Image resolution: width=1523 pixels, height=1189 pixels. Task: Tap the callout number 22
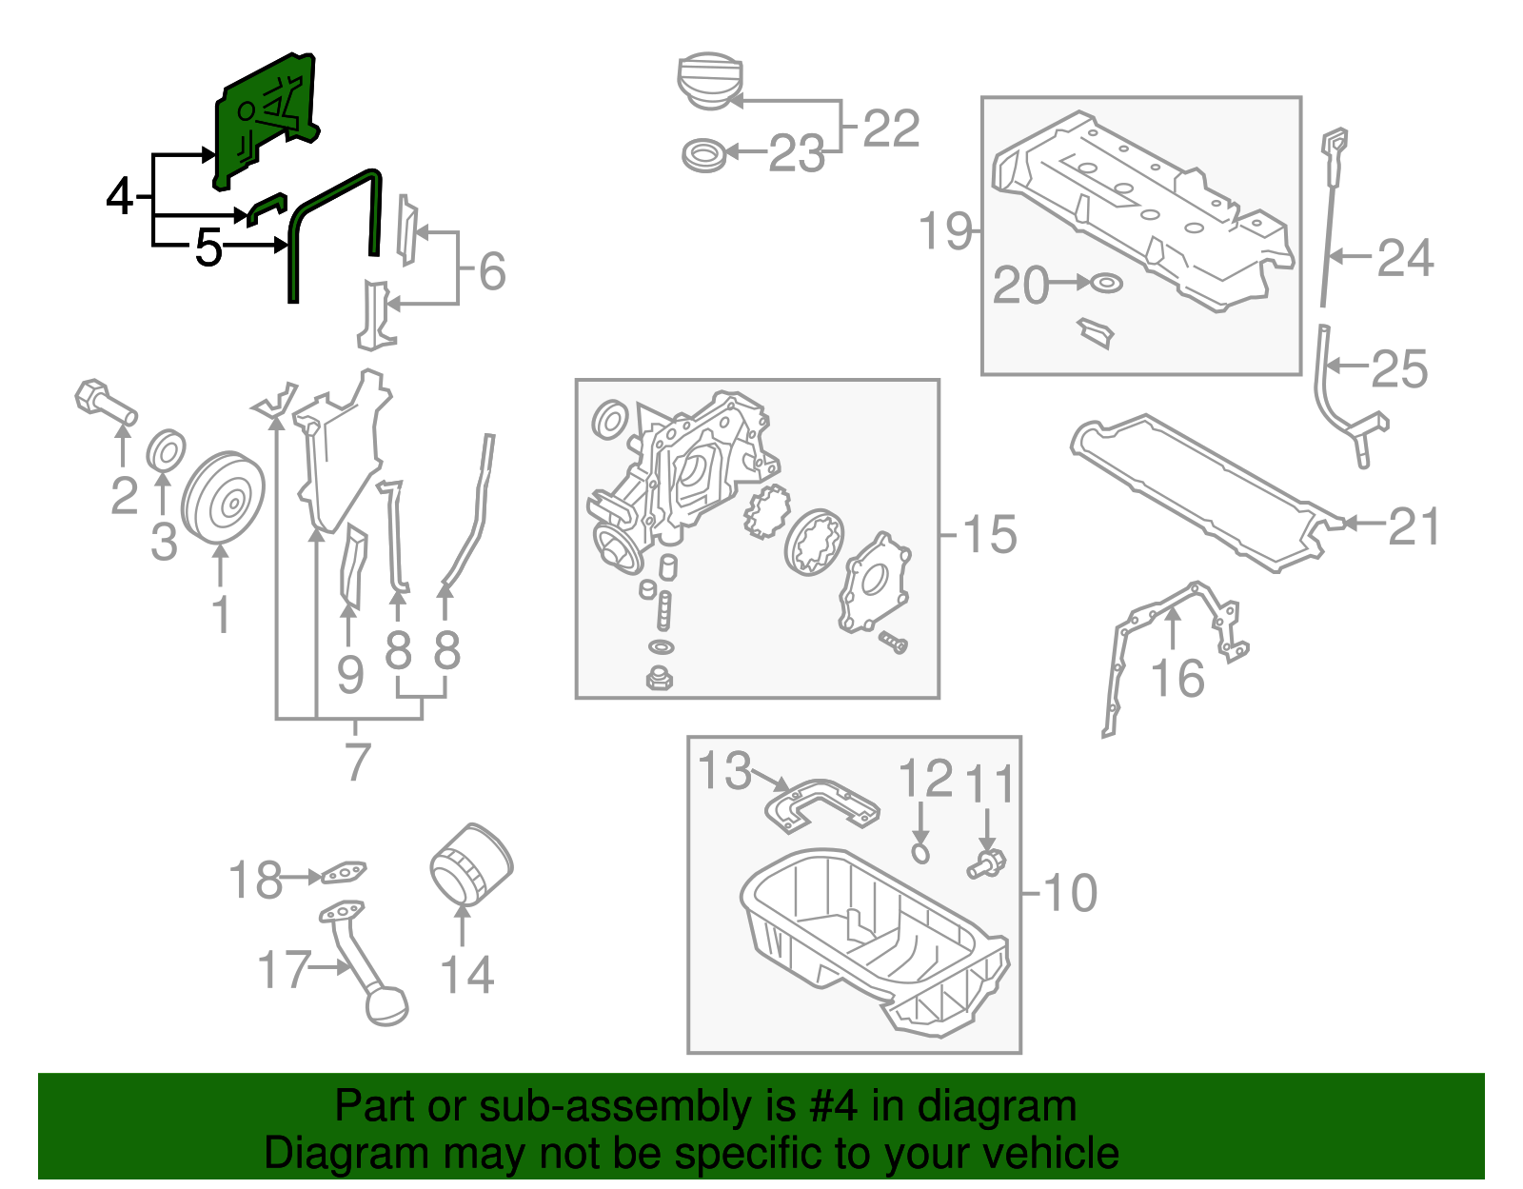891,129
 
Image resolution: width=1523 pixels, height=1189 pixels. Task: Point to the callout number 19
945,231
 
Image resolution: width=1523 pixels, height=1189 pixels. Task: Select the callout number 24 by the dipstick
1405,259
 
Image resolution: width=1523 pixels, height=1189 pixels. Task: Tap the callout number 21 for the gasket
1414,526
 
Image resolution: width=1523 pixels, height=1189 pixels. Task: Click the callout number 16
1177,679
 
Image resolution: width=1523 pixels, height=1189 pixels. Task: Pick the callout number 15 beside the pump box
990,535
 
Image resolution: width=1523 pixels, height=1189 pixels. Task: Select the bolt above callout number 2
105,404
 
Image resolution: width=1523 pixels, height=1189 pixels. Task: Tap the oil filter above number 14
470,864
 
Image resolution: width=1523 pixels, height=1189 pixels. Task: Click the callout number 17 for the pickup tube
284,970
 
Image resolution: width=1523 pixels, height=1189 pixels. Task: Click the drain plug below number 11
986,864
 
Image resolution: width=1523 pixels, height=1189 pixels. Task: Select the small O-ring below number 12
920,852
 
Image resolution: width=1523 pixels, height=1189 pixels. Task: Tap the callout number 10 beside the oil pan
1071,893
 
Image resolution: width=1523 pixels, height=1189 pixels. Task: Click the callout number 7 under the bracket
356,762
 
